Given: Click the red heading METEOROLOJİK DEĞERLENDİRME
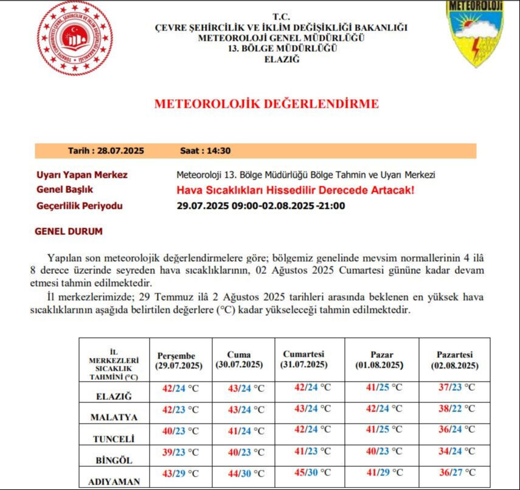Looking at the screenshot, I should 266,103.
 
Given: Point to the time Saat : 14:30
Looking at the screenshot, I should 206,151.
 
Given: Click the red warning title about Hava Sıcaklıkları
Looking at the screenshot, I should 295,191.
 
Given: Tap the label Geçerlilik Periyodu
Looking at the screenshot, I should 80,206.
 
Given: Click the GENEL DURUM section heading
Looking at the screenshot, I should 69,232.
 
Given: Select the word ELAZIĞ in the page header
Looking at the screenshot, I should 282,59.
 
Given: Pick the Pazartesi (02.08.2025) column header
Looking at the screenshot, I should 454,360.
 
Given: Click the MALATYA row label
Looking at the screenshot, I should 114,418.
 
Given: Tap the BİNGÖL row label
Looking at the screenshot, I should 114,460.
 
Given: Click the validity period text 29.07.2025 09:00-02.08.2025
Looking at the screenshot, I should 261,206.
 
